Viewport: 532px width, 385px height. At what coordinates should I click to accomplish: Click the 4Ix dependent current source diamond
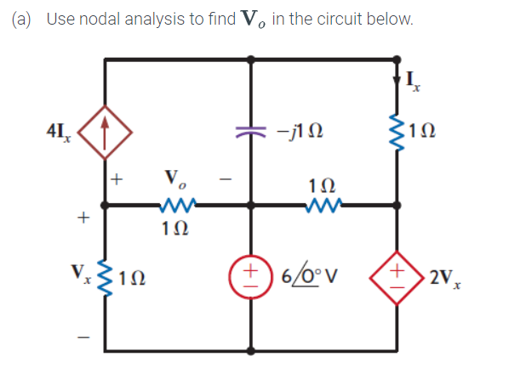104,133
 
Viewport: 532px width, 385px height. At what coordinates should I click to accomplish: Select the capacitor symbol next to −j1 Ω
251,133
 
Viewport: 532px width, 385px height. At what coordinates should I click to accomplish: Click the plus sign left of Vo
117,179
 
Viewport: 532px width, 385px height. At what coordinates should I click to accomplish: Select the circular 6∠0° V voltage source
251,278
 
